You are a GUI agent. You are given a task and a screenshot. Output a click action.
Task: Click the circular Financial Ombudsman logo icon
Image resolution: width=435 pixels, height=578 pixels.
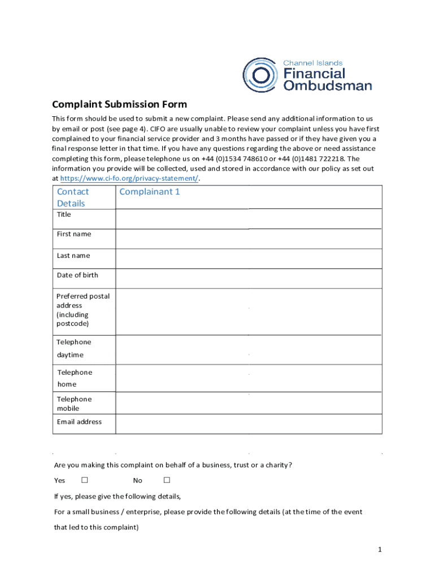[260, 75]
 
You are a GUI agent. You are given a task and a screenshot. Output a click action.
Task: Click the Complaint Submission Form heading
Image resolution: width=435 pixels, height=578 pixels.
[119, 104]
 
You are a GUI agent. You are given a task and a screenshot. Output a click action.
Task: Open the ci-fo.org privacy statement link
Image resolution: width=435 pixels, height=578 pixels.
[129, 178]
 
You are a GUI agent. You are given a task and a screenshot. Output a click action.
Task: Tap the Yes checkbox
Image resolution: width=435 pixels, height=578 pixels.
[85, 480]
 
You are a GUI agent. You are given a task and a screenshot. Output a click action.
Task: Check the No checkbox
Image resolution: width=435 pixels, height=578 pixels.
[167, 480]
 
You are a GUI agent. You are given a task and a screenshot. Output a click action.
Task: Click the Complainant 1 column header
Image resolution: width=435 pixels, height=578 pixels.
[150, 192]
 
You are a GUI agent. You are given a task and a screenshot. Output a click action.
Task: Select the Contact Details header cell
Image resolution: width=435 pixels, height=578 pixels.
[73, 197]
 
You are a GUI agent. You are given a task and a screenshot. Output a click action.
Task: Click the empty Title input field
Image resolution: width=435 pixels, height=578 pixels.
[249, 218]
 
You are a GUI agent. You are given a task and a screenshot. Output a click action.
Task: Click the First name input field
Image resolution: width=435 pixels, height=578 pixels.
[249, 238]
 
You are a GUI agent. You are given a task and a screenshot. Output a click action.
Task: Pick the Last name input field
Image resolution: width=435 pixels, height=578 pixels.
[249, 258]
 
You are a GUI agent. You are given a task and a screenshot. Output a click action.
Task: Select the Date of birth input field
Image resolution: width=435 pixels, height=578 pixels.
[249, 278]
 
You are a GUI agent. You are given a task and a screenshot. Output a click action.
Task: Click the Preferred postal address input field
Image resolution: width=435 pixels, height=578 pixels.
[249, 311]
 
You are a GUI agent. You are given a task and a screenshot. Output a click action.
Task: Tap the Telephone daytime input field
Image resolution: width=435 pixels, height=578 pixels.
[249, 349]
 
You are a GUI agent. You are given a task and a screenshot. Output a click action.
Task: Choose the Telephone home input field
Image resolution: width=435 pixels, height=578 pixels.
[249, 379]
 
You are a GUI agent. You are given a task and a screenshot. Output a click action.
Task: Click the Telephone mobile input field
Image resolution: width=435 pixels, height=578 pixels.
[249, 404]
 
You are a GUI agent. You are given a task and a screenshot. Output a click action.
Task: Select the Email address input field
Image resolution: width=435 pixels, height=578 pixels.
[249, 424]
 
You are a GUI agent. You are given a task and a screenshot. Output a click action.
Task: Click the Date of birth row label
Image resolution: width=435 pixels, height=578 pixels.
[77, 275]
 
